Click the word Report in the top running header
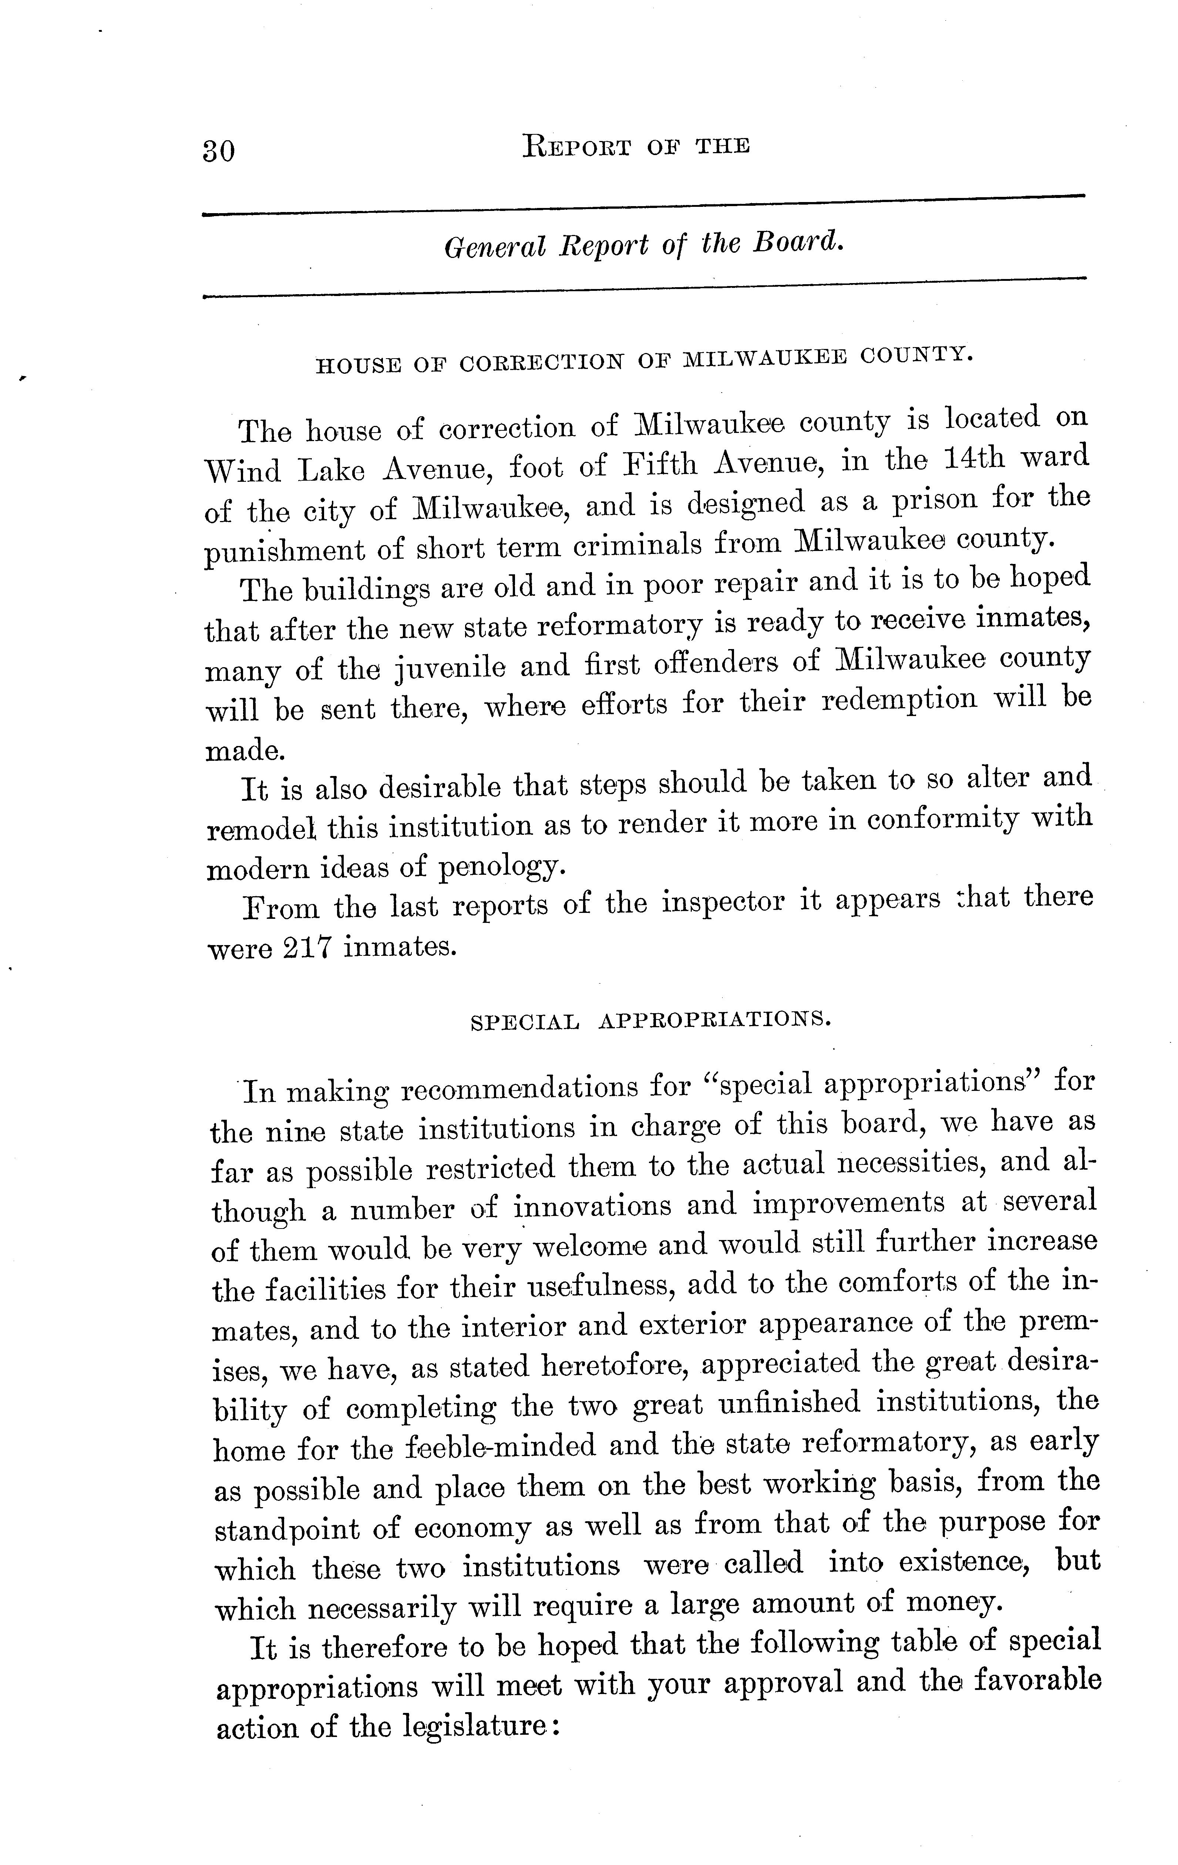pyautogui.click(x=578, y=147)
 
